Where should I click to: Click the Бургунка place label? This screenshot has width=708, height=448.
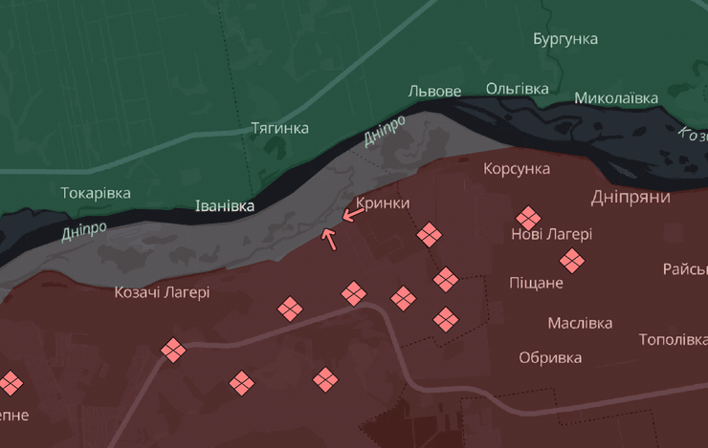click(565, 39)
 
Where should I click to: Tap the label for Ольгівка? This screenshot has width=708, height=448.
click(518, 89)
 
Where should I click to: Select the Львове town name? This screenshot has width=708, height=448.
click(434, 92)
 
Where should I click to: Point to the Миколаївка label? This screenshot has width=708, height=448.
click(616, 98)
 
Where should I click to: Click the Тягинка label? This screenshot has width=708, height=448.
click(279, 128)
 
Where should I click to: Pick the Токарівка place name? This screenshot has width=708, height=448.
click(96, 193)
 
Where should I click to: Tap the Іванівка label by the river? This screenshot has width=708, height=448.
click(225, 206)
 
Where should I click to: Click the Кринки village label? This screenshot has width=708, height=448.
click(383, 203)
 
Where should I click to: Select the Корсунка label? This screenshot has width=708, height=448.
click(517, 169)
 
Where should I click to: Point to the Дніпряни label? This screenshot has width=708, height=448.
click(631, 197)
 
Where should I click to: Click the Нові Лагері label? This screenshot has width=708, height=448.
click(552, 234)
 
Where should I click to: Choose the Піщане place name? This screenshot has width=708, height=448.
click(537, 284)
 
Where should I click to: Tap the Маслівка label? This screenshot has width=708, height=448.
click(580, 323)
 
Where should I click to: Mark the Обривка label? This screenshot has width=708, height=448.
click(550, 358)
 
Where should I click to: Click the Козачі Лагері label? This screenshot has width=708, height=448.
click(162, 293)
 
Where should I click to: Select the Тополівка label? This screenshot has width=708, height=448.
click(673, 340)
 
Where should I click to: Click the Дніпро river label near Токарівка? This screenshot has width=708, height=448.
click(84, 231)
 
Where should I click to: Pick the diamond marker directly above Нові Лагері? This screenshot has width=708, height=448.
click(528, 218)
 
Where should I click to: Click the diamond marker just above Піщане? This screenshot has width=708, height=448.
click(572, 260)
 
